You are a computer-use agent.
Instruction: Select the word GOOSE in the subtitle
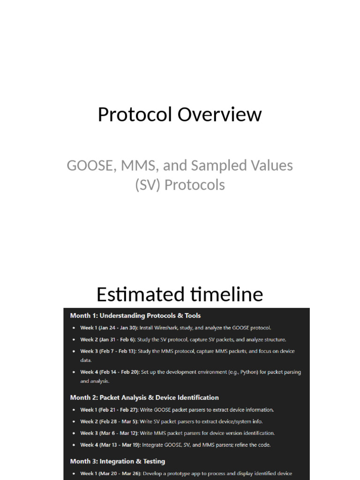pos(90,165)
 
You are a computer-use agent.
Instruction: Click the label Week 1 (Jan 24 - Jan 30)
pos(109,328)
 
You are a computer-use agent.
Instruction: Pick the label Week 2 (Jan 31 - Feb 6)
pos(107,339)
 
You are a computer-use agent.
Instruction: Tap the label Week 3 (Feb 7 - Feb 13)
pos(107,351)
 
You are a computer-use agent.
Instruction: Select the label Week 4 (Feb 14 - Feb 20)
pos(110,372)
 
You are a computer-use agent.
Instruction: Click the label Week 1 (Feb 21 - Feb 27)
pos(109,410)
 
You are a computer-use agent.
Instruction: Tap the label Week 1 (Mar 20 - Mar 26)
pos(110,473)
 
